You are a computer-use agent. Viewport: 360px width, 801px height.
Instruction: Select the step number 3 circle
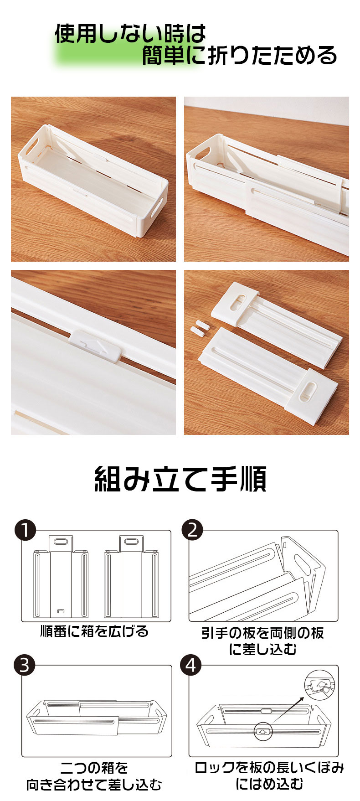[25, 665]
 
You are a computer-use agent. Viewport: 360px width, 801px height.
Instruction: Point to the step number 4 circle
[191, 665]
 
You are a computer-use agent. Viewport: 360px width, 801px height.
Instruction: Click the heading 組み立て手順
[180, 479]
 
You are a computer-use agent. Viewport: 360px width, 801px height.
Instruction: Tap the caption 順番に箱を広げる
[94, 631]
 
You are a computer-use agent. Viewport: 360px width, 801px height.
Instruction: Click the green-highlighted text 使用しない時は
[130, 34]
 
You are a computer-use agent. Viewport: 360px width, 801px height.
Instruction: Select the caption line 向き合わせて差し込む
[94, 785]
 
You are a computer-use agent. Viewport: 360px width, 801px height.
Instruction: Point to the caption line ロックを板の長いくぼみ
[269, 768]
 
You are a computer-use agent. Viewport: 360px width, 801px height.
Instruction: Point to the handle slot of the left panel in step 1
[60, 542]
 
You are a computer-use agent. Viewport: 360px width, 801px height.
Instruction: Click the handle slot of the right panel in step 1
[131, 542]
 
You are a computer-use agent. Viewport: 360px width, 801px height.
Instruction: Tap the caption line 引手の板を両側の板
[263, 633]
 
